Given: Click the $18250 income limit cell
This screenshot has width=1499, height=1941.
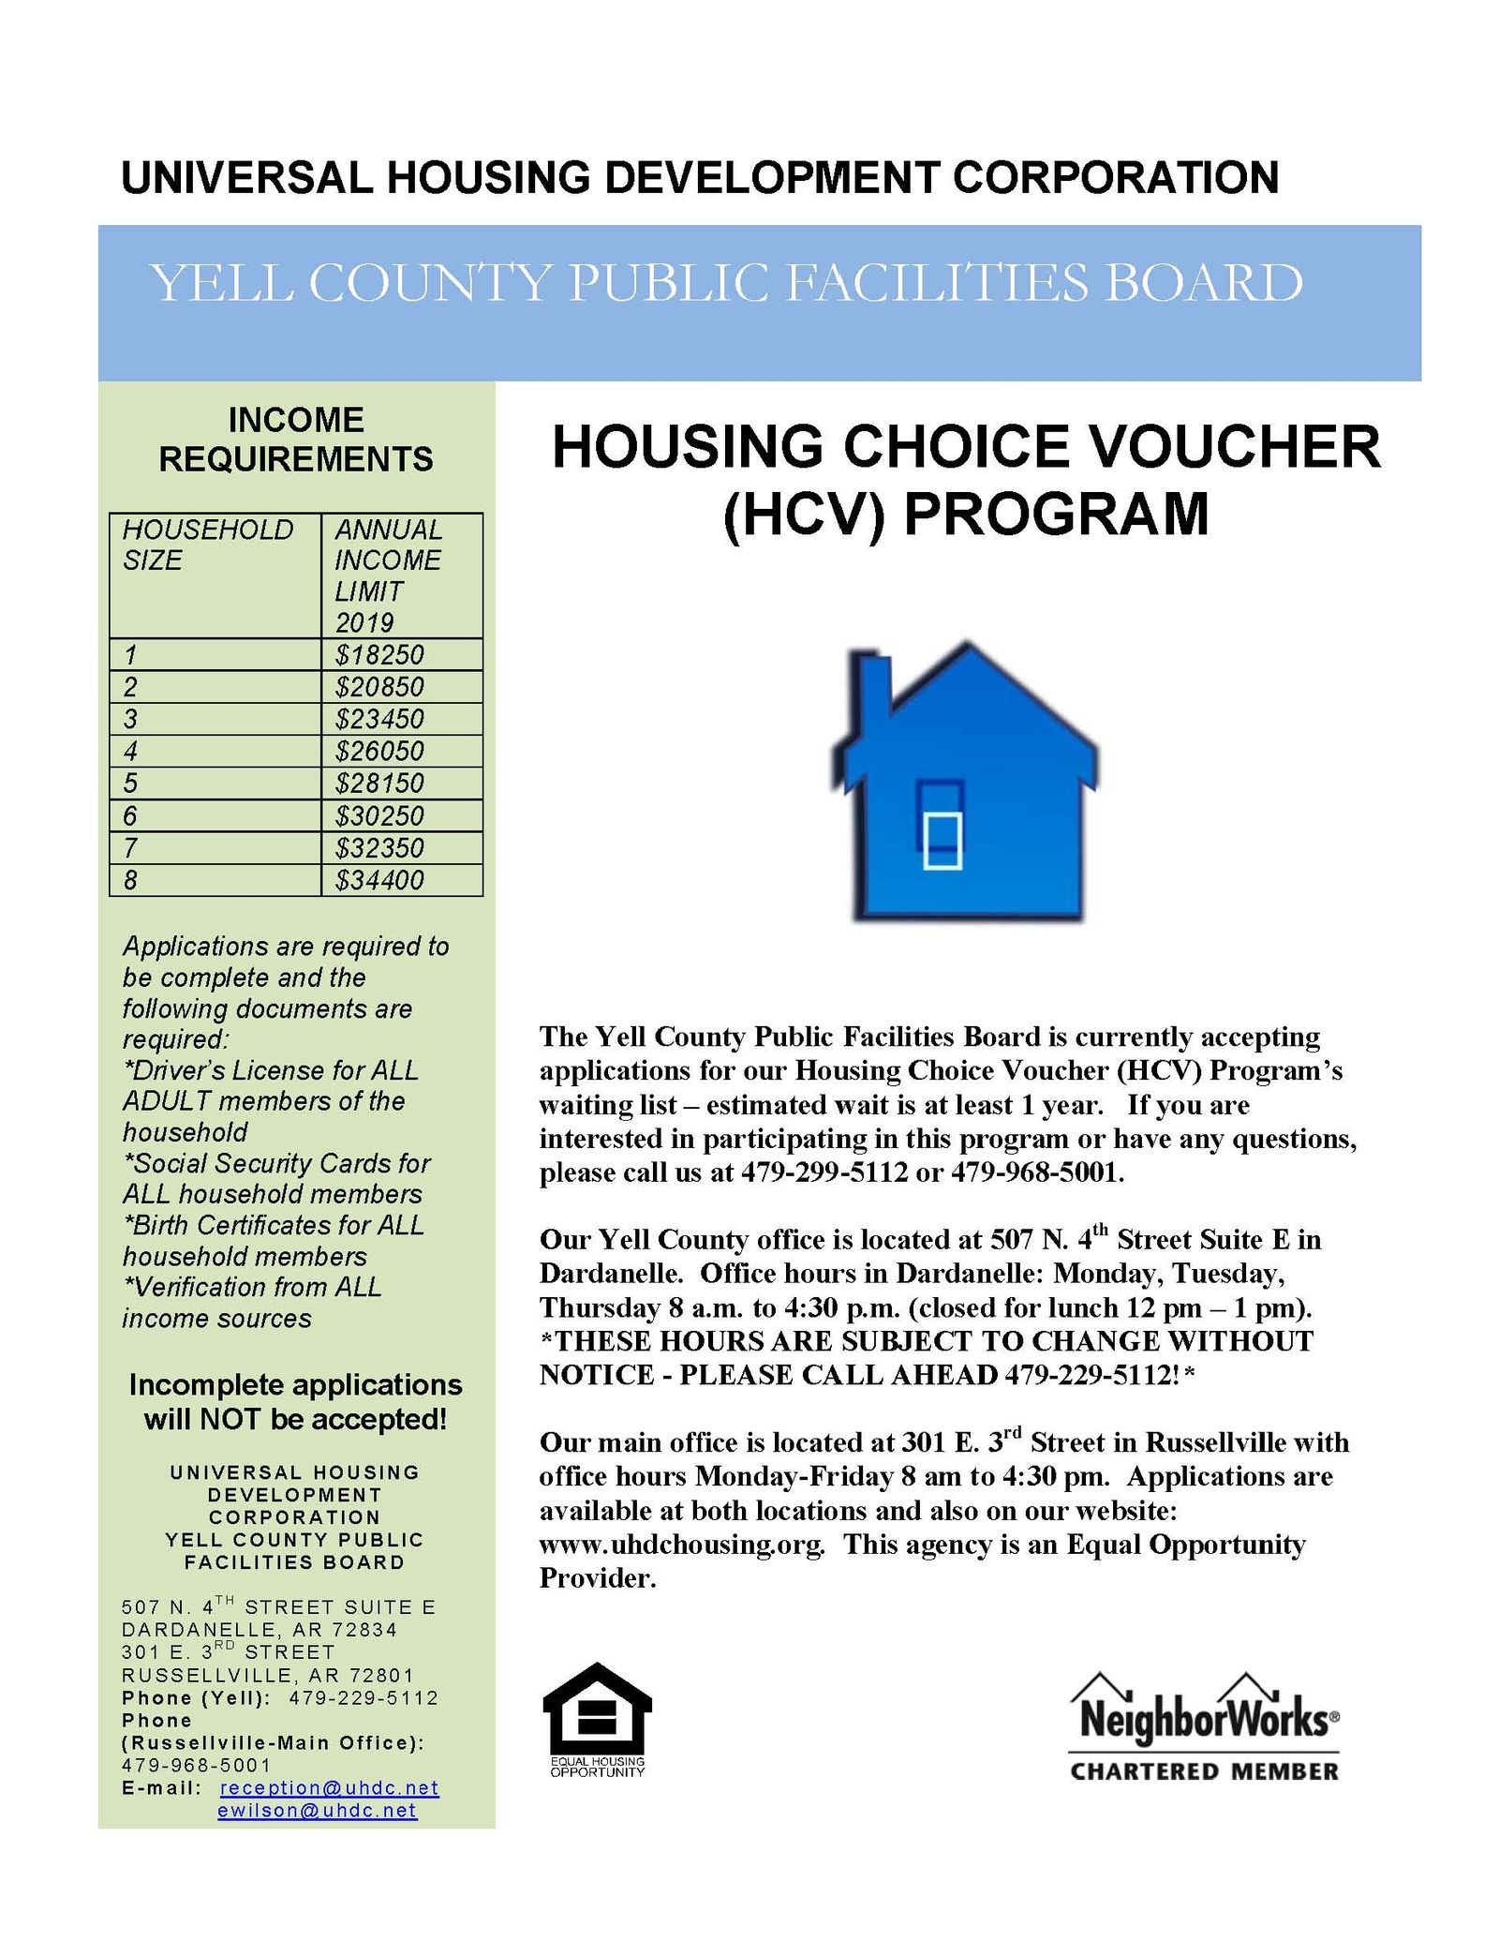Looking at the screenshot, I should (x=378, y=654).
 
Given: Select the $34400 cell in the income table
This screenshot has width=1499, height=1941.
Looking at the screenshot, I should (x=378, y=880).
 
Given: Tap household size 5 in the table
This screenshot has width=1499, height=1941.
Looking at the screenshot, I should (x=130, y=783).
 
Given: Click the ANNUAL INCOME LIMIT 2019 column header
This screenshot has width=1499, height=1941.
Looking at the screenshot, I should (x=387, y=575).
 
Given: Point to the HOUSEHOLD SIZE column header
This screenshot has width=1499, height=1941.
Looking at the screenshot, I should (x=207, y=545).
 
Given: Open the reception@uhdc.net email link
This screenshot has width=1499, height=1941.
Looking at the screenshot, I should (x=330, y=1787).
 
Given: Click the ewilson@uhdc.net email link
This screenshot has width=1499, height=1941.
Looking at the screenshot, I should (x=317, y=1810).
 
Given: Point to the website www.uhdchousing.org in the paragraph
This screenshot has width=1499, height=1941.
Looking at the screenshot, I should (x=681, y=1544).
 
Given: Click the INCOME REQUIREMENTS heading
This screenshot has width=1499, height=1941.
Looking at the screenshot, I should (x=296, y=439).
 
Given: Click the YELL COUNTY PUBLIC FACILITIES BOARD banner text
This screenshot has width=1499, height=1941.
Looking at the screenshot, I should (x=726, y=282).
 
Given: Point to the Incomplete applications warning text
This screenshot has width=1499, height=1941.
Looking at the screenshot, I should (x=296, y=1401).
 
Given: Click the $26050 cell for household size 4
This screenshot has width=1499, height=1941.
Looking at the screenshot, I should (x=378, y=751).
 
